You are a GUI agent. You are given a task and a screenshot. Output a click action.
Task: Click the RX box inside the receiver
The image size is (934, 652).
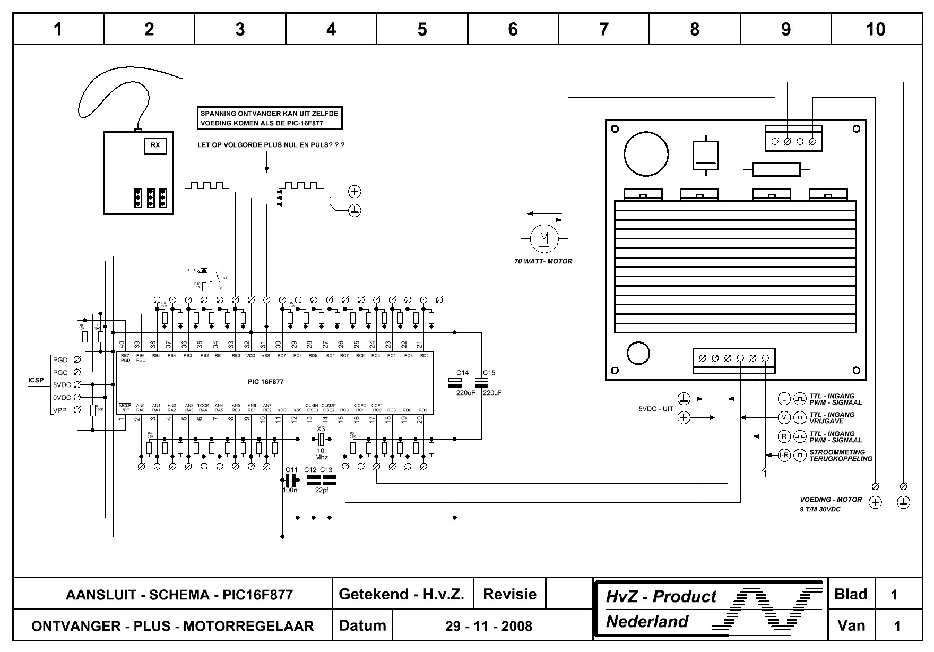tap(155, 145)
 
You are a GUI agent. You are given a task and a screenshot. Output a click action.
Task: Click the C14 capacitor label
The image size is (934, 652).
tap(462, 373)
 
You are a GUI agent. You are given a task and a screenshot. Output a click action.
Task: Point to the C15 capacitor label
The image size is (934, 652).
tap(489, 373)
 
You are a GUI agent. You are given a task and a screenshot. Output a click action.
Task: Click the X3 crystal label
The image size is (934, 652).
tap(321, 429)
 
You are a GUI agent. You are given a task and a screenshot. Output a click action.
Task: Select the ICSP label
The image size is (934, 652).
tap(36, 381)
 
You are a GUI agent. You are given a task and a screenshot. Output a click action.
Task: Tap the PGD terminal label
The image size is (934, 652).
tap(60, 360)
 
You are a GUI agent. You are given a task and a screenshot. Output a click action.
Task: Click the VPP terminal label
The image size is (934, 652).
tap(60, 410)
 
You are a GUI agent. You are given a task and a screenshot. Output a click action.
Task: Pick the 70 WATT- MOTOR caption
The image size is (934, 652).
tap(543, 261)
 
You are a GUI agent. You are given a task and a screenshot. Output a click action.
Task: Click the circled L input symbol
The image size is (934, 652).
tap(784, 399)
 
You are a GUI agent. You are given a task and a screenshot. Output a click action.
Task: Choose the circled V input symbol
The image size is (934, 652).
tap(784, 417)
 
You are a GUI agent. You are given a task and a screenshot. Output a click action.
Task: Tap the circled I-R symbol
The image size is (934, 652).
tap(784, 455)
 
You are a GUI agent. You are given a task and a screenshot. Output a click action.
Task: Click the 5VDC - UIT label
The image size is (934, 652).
tap(655, 409)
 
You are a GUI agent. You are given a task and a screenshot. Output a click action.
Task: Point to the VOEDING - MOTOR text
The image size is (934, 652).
tap(831, 500)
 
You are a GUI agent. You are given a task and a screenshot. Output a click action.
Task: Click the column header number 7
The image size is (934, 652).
tap(604, 29)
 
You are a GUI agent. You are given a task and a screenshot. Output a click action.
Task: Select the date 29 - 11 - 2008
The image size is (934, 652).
tap(488, 626)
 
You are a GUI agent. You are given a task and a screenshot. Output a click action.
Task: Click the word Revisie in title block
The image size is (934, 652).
tap(509, 594)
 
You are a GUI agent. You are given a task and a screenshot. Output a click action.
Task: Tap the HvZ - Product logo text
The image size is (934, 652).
tap(661, 597)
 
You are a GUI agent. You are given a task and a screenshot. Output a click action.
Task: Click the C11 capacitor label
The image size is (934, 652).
tap(291, 470)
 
